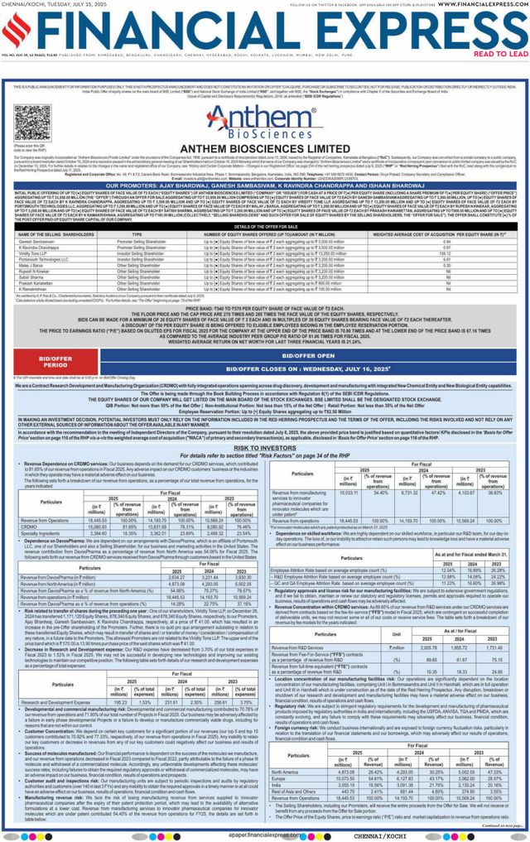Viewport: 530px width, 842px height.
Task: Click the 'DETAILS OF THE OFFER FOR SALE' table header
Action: (x=264, y=203)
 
